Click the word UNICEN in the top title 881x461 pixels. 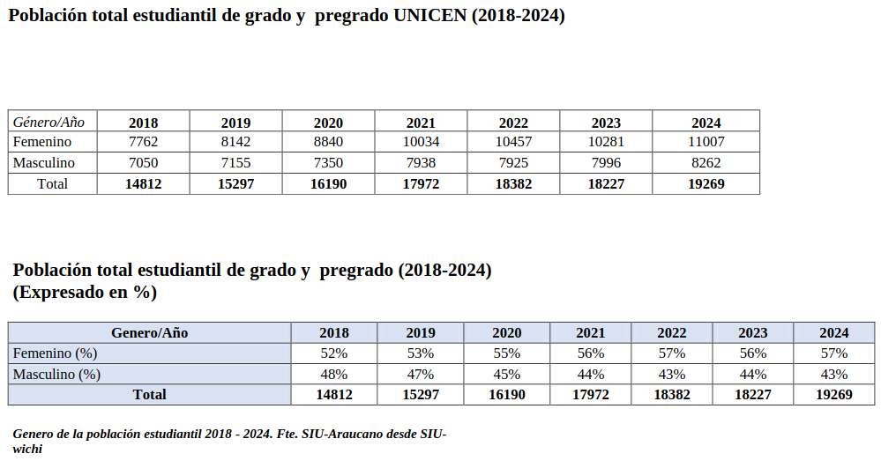(422, 16)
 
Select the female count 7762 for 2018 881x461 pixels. (143, 142)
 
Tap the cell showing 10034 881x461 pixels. (421, 142)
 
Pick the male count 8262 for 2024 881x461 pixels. (706, 163)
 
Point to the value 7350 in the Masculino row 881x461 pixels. (327, 163)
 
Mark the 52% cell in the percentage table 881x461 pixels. (334, 353)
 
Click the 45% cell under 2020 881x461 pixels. (507, 375)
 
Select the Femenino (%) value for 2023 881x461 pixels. (752, 353)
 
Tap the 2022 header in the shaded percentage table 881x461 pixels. (672, 333)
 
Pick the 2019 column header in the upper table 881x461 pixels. (235, 123)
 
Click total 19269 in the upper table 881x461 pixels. (706, 184)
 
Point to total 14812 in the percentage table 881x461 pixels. (334, 395)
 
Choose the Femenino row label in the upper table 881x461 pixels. (42, 142)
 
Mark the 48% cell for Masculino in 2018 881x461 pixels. (334, 375)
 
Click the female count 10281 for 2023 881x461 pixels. (606, 142)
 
